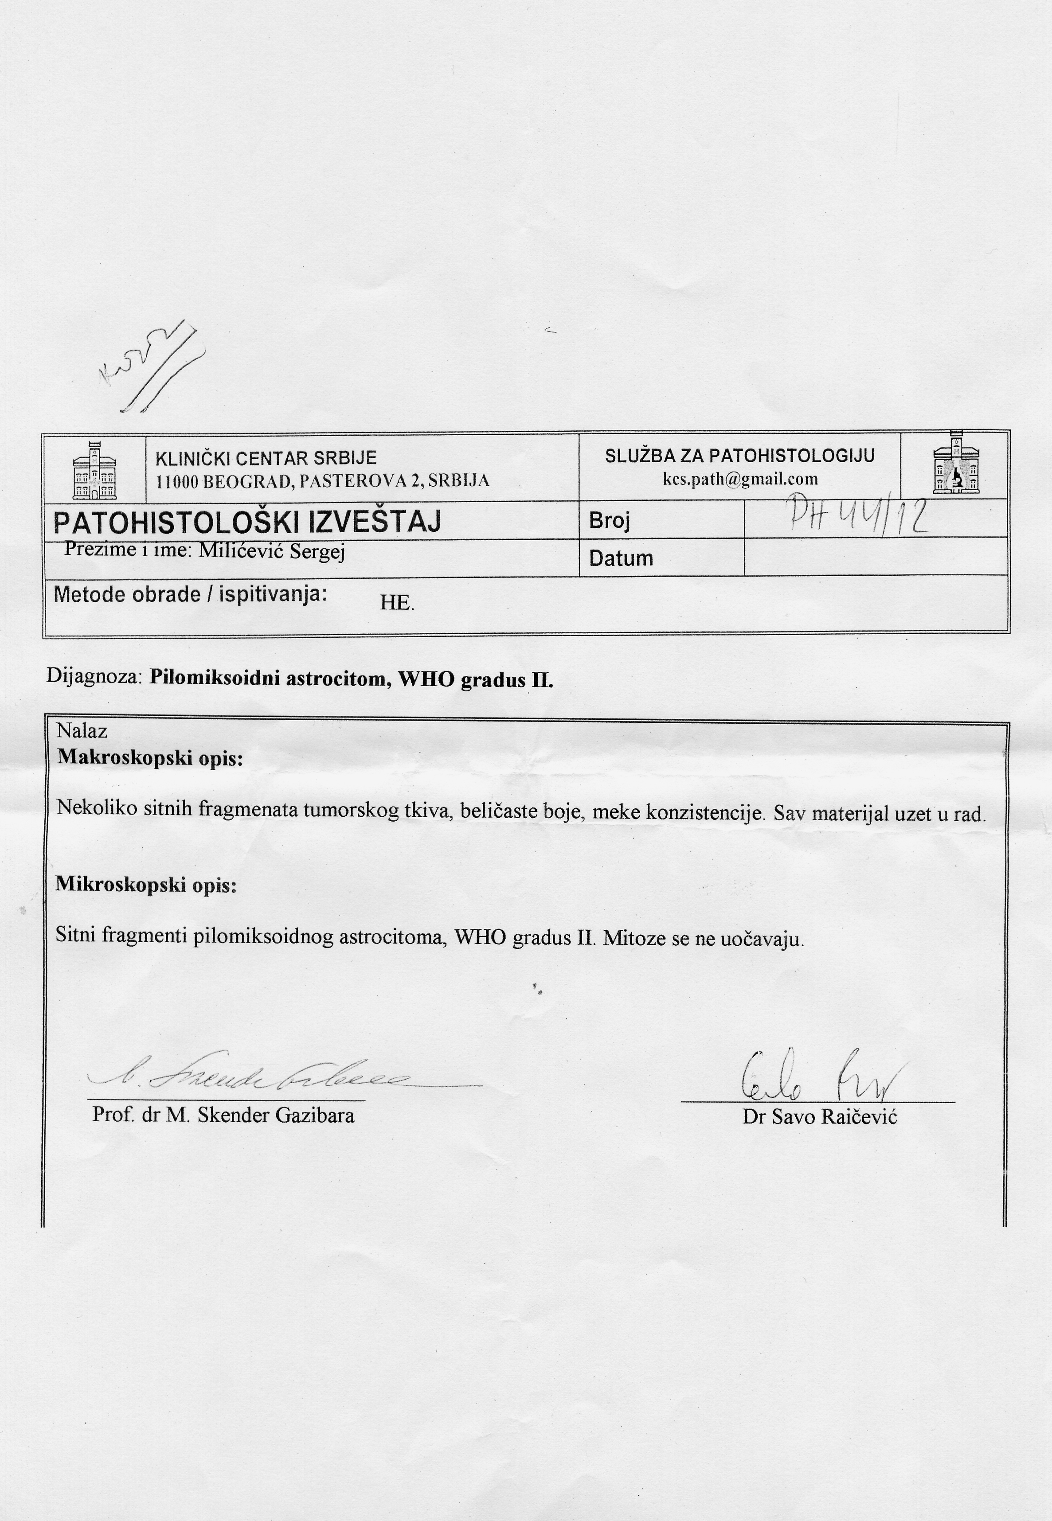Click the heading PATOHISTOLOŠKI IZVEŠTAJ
coord(246,522)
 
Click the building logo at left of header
coord(94,470)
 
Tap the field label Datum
coord(621,558)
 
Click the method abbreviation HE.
coord(396,602)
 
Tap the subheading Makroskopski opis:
coord(150,757)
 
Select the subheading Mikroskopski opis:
coord(146,884)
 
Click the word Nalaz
coord(82,730)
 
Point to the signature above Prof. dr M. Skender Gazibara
coord(264,1078)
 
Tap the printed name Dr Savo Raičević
coord(819,1117)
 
